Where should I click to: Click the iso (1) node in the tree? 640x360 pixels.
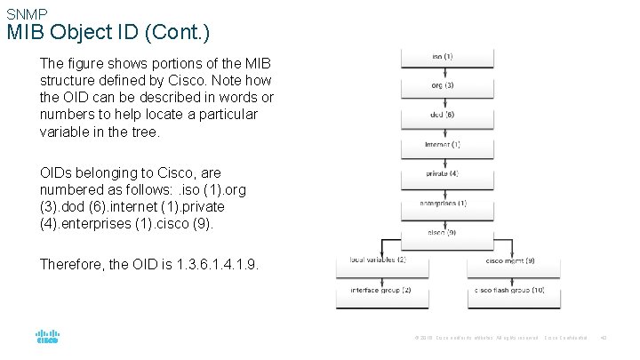443,57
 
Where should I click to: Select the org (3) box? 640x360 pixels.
443,86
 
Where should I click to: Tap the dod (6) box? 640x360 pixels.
443,115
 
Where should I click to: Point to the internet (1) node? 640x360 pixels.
443,144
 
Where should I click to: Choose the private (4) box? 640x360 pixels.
443,172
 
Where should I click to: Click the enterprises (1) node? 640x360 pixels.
443,204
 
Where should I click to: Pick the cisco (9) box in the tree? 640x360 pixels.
443,233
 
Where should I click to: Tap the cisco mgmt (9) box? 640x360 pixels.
510,260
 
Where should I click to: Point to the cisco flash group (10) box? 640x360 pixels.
510,291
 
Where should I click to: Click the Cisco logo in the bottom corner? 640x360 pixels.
47,337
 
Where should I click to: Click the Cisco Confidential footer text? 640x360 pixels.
565,338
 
